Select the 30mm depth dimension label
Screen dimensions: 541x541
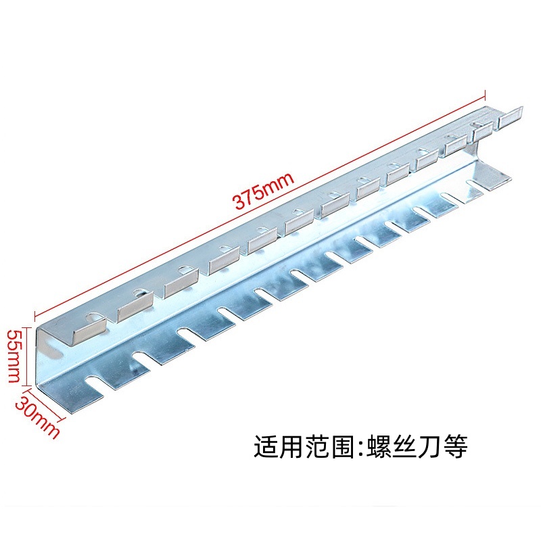tap(37, 417)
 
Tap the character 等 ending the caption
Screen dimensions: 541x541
tap(455, 446)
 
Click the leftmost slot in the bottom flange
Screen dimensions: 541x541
tap(94, 383)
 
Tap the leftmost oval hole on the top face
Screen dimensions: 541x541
tap(93, 316)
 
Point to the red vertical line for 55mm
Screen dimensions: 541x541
tap(26, 356)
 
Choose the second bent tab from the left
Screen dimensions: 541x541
tap(135, 307)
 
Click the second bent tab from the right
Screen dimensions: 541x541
tap(483, 132)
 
